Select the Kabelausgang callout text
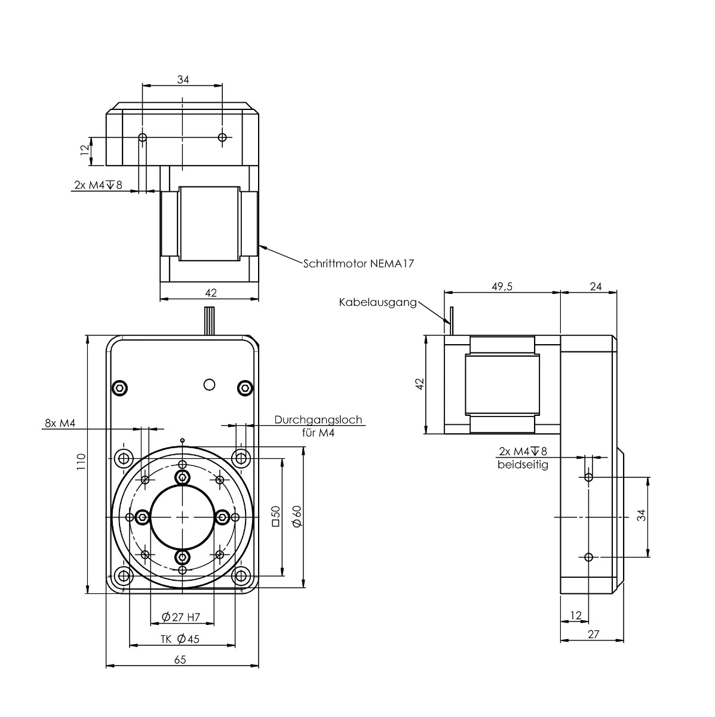click(x=378, y=302)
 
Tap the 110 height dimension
click(x=81, y=464)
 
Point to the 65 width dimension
click(x=180, y=660)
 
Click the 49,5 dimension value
click(x=501, y=286)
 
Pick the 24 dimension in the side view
click(x=595, y=286)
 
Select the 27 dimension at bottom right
click(x=593, y=635)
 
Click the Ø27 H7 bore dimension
click(x=180, y=617)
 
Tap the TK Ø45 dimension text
click(x=180, y=639)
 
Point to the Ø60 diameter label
click(x=297, y=515)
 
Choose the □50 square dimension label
click(x=275, y=515)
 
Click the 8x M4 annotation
click(x=60, y=423)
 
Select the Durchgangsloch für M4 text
click(x=318, y=426)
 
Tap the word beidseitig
click(x=523, y=464)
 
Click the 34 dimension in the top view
click(x=183, y=79)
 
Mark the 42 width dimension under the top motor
click(x=210, y=292)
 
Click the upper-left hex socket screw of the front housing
click(x=120, y=388)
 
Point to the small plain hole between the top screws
click(x=208, y=384)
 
